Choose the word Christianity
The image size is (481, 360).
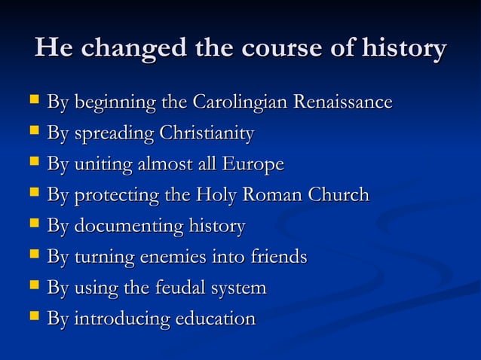(x=206, y=133)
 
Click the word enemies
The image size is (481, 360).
(x=165, y=257)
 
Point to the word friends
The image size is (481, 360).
(x=276, y=257)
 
